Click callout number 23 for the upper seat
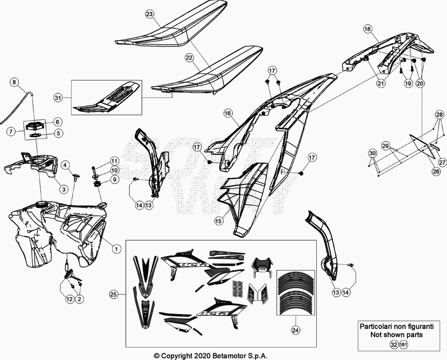[x=149, y=13]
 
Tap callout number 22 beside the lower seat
[x=189, y=58]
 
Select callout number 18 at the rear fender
[x=367, y=28]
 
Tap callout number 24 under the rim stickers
[x=294, y=330]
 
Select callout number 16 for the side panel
[x=228, y=113]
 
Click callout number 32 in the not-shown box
[x=395, y=345]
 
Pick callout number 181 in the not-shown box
[x=403, y=345]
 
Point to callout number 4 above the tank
[x=65, y=165]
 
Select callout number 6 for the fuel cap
[x=58, y=121]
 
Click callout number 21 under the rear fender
[x=381, y=83]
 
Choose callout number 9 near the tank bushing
[x=114, y=180]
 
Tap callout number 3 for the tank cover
[x=65, y=190]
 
